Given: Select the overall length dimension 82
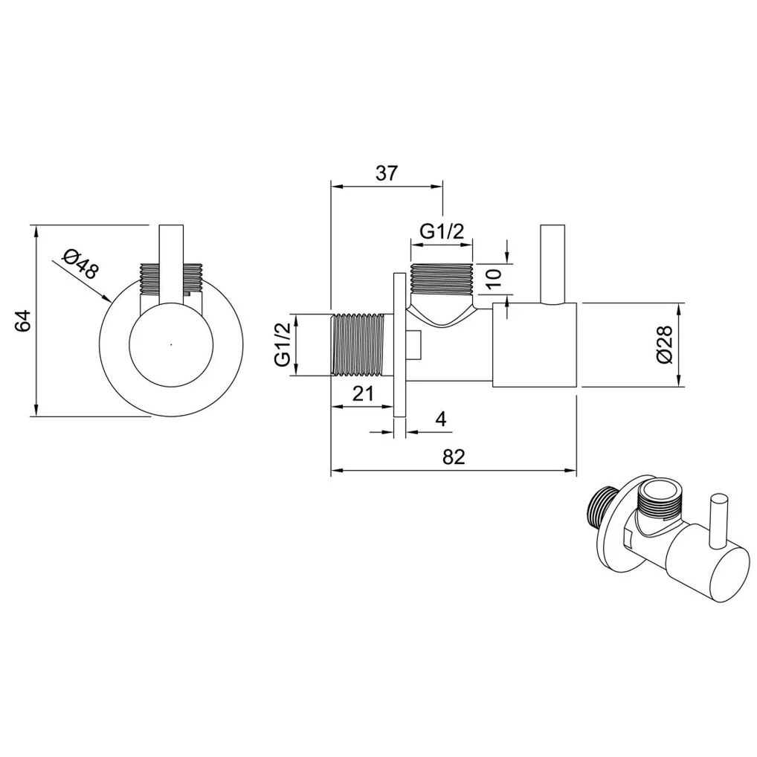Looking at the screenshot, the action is (x=454, y=457).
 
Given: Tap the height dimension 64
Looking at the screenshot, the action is (x=23, y=320).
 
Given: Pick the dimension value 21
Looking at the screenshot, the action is (x=363, y=393).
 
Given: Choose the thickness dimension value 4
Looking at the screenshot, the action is (x=441, y=419).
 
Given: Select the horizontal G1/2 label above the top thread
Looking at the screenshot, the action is (x=441, y=232).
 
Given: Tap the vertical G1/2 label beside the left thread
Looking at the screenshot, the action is (x=283, y=345).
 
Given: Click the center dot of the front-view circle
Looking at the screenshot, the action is (x=171, y=345).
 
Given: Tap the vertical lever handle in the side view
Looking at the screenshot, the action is (x=553, y=265).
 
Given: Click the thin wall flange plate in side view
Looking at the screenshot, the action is (x=400, y=345).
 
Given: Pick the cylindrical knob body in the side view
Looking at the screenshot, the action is (x=535, y=345).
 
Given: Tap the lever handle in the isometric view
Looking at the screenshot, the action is (x=715, y=522).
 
